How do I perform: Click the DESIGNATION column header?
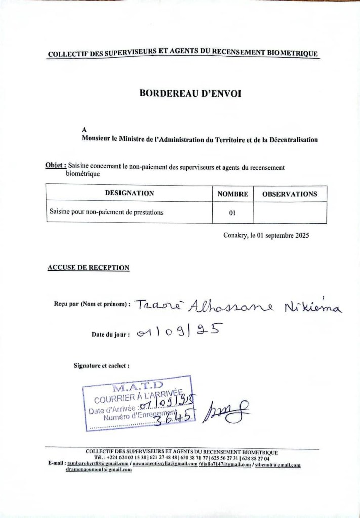(x=129, y=193)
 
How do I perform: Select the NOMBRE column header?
(x=232, y=194)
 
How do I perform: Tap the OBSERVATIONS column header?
(x=290, y=194)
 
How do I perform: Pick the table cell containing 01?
(x=232, y=213)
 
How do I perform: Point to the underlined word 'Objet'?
(x=55, y=165)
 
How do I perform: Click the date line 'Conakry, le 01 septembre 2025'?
(x=266, y=235)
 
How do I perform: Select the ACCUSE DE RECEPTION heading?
(x=88, y=267)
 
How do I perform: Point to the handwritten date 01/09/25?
(x=180, y=333)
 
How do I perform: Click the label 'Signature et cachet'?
(x=101, y=365)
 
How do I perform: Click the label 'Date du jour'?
(x=110, y=334)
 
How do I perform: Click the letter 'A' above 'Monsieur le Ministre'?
(x=84, y=129)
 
